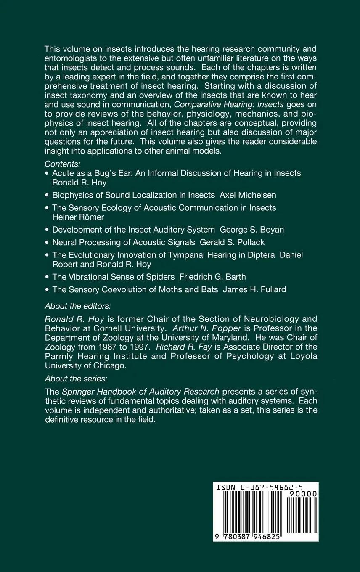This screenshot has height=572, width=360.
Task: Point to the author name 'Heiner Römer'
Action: coord(78,217)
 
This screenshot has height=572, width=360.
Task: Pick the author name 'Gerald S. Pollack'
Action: coord(232,242)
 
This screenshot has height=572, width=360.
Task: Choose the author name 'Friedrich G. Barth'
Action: coord(212,277)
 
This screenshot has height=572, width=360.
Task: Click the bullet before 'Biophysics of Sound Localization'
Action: coord(47,195)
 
